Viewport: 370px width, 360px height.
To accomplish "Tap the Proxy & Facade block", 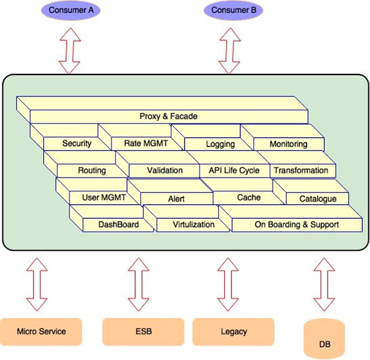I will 168,116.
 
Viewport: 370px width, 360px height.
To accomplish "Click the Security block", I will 76,143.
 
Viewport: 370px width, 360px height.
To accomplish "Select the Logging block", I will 220,144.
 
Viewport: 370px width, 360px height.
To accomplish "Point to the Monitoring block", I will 288,144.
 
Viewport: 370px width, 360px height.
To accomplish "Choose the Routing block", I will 91,170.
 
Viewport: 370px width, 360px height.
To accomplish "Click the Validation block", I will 164,170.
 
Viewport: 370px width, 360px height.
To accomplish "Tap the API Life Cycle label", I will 230,170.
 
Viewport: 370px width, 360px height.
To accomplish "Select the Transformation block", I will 301,170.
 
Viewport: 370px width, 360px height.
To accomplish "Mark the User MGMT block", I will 103,198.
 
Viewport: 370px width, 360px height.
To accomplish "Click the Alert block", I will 176,199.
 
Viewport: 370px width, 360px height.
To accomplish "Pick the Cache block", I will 249,198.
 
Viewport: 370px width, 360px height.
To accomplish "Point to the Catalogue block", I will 317,199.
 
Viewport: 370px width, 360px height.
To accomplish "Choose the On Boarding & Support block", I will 297,225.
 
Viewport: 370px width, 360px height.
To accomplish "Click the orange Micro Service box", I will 41,332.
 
